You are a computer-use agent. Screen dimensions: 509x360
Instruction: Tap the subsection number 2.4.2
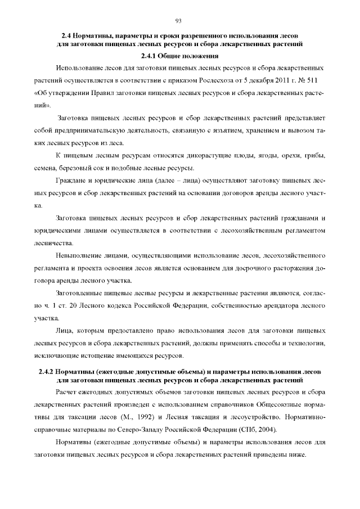(48, 372)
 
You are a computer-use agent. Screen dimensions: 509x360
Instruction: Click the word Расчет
(67, 391)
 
